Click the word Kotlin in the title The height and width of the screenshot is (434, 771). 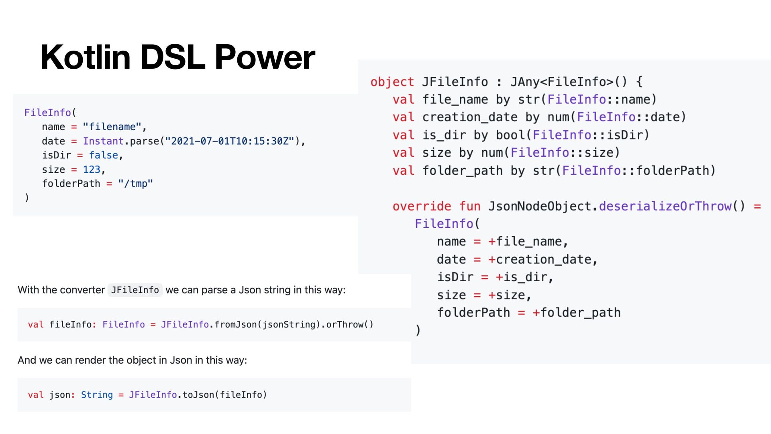point(86,57)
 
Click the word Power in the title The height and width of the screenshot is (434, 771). point(265,57)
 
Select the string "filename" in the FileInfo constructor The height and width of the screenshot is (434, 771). point(112,127)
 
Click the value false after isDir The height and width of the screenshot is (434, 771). point(104,155)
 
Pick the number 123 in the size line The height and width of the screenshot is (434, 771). point(92,170)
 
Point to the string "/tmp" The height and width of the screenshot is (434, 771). point(135,184)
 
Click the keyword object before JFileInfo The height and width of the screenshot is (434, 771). point(392,82)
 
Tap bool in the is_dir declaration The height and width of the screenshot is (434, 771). point(510,135)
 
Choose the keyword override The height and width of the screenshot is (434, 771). point(422,206)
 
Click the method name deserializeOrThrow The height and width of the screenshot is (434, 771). point(665,206)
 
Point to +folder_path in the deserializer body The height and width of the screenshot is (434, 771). point(576,313)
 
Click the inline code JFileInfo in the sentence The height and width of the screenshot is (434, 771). point(135,290)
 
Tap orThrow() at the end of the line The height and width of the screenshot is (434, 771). point(349,325)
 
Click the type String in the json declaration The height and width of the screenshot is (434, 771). point(97,395)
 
